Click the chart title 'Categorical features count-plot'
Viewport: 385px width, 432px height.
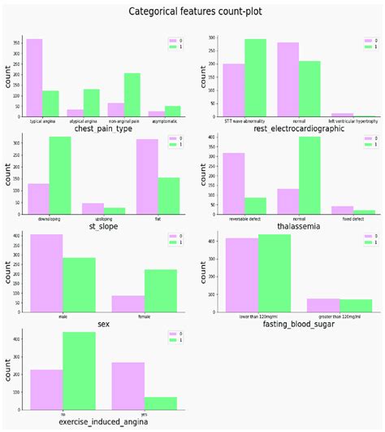pos(192,11)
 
